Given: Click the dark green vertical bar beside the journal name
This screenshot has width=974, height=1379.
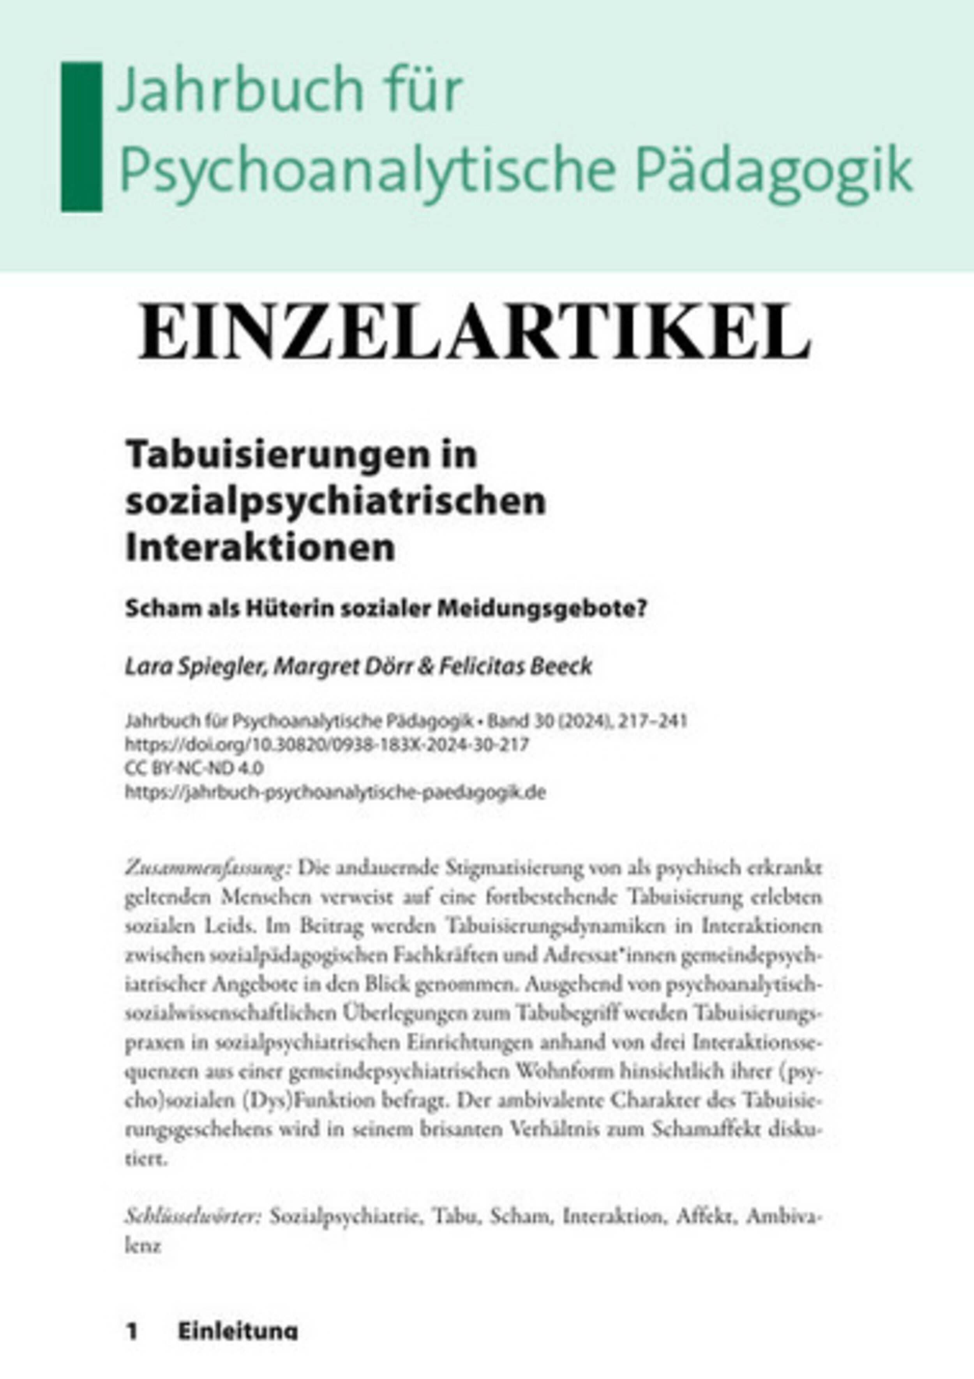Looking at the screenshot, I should click(82, 136).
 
